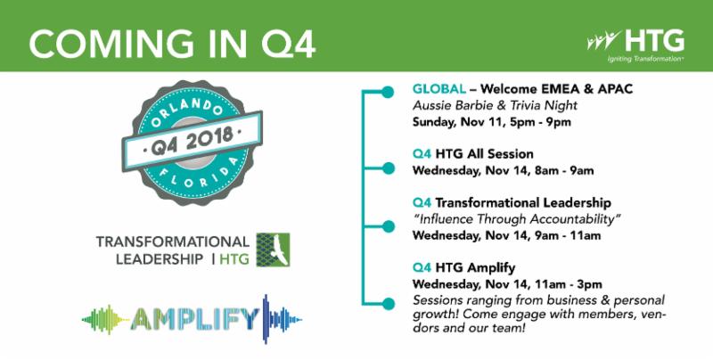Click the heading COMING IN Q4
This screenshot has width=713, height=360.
click(172, 44)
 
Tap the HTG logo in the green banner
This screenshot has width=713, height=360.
click(635, 41)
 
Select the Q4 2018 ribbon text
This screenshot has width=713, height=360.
click(192, 141)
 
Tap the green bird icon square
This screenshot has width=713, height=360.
click(273, 250)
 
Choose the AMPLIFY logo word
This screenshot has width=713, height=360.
click(194, 319)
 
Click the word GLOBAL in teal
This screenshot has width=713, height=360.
click(438, 89)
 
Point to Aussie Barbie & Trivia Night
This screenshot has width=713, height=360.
click(495, 106)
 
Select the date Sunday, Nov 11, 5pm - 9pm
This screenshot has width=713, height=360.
click(492, 123)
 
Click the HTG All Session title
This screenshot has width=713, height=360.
click(484, 154)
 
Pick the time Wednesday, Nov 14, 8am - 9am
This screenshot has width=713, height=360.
click(503, 171)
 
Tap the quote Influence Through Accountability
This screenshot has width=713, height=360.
click(517, 219)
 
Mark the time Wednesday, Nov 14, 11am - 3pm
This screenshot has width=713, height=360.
click(507, 284)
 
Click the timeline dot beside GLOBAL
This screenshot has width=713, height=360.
click(388, 93)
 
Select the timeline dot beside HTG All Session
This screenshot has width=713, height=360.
click(388, 168)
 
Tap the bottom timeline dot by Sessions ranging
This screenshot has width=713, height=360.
click(388, 303)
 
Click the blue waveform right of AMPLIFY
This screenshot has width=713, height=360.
click(282, 319)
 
